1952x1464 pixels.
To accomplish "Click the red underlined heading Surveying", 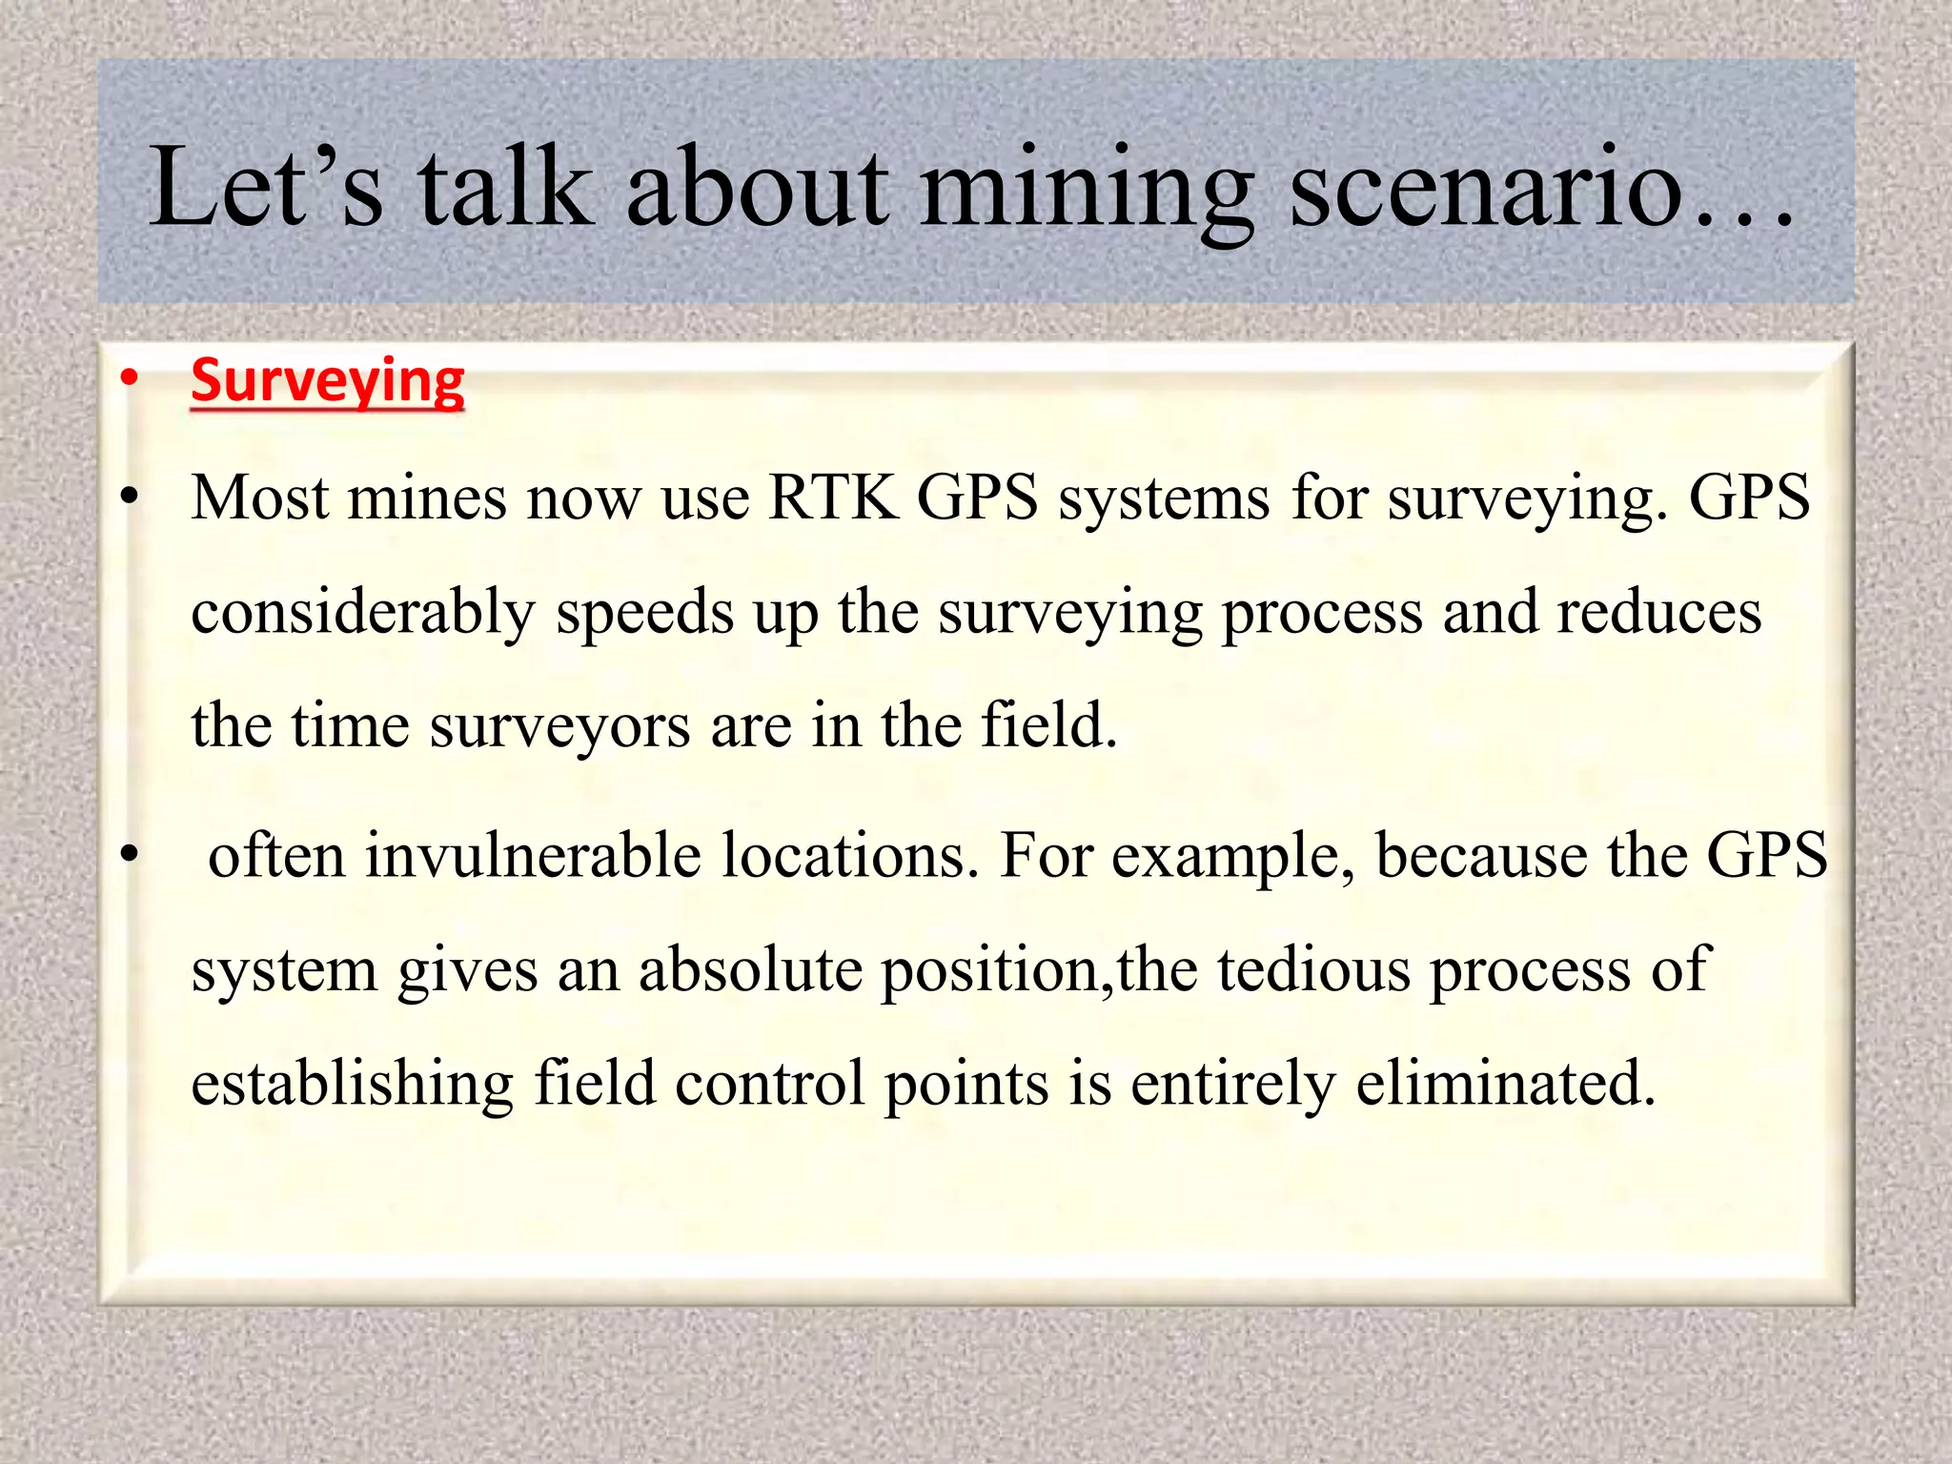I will tap(327, 382).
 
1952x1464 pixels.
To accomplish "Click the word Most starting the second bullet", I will tap(259, 498).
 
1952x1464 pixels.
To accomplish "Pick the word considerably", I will tap(363, 613).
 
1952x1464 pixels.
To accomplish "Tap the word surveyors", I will tap(560, 726).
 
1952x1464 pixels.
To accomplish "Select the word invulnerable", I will tap(532, 855).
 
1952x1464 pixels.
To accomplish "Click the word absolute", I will tap(750, 970).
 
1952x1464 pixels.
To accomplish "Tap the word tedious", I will tap(1313, 970).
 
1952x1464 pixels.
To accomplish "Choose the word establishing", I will tap(352, 1085).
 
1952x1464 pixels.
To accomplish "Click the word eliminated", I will tap(1505, 1083).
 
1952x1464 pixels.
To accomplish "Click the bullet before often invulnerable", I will tap(130, 855).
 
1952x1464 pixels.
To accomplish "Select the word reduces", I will tap(1658, 613).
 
